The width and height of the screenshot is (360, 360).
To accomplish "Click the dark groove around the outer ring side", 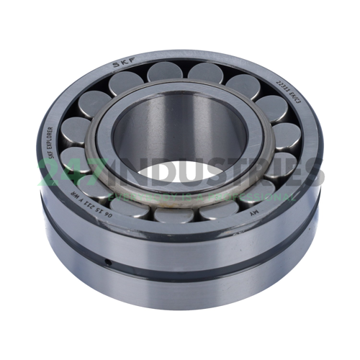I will point(180,265).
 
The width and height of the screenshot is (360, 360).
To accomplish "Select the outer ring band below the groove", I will point(180,288).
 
